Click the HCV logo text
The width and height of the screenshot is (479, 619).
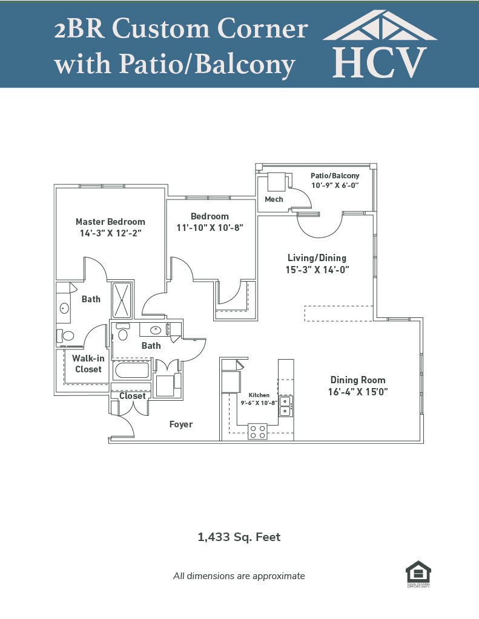pyautogui.click(x=380, y=62)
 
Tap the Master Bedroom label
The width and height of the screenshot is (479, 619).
pyautogui.click(x=110, y=221)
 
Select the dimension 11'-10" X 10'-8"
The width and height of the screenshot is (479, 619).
pyautogui.click(x=210, y=228)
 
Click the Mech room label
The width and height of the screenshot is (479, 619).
pyautogui.click(x=274, y=199)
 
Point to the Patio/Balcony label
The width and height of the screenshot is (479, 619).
pyautogui.click(x=335, y=176)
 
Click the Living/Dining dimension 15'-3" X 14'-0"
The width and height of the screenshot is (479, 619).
pyautogui.click(x=317, y=270)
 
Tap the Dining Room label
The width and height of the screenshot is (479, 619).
pyautogui.click(x=358, y=380)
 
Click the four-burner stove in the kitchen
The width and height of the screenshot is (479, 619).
pyautogui.click(x=257, y=432)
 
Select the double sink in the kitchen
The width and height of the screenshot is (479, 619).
pyautogui.click(x=285, y=406)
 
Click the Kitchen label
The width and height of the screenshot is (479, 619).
pyautogui.click(x=259, y=395)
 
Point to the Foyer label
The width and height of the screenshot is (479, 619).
pyautogui.click(x=181, y=424)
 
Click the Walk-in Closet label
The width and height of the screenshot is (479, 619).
pyautogui.click(x=88, y=363)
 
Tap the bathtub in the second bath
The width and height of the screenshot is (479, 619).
pyautogui.click(x=132, y=371)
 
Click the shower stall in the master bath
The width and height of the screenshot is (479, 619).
pyautogui.click(x=122, y=300)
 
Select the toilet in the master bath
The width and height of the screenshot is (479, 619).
pyautogui.click(x=65, y=336)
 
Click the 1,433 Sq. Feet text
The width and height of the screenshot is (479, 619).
pyautogui.click(x=239, y=537)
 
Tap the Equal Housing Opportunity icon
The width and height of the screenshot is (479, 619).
pyautogui.click(x=418, y=574)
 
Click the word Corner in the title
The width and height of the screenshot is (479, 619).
pyautogui.click(x=263, y=28)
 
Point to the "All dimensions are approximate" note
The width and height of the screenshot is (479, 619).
pyautogui.click(x=239, y=576)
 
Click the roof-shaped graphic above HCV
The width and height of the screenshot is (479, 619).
pyautogui.click(x=380, y=26)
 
